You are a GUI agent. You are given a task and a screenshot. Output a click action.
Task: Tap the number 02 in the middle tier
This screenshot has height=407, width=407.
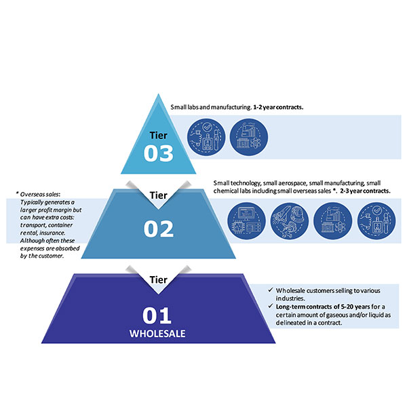[x=159, y=229]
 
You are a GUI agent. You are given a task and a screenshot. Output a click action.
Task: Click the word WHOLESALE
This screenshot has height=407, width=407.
[x=158, y=335]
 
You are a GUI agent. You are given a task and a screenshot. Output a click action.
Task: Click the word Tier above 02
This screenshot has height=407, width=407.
[x=159, y=195]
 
